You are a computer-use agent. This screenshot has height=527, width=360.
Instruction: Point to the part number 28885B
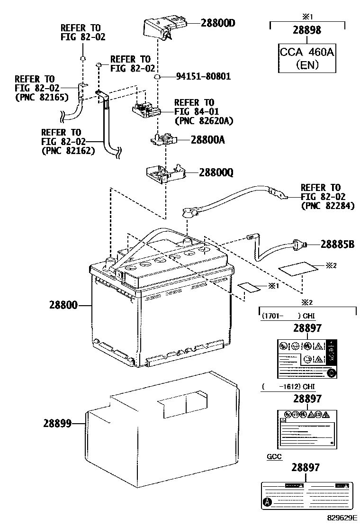pyautogui.click(x=337, y=245)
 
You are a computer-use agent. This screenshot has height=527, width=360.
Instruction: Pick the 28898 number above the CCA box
pyautogui.click(x=307, y=30)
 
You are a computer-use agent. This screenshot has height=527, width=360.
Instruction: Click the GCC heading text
pyautogui.click(x=274, y=457)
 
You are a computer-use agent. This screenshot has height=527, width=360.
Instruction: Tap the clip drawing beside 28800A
pyautogui.click(x=164, y=139)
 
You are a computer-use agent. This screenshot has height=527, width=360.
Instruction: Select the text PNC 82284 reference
pyautogui.click(x=327, y=206)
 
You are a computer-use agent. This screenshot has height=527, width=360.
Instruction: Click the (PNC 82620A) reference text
pyautogui.click(x=203, y=121)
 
